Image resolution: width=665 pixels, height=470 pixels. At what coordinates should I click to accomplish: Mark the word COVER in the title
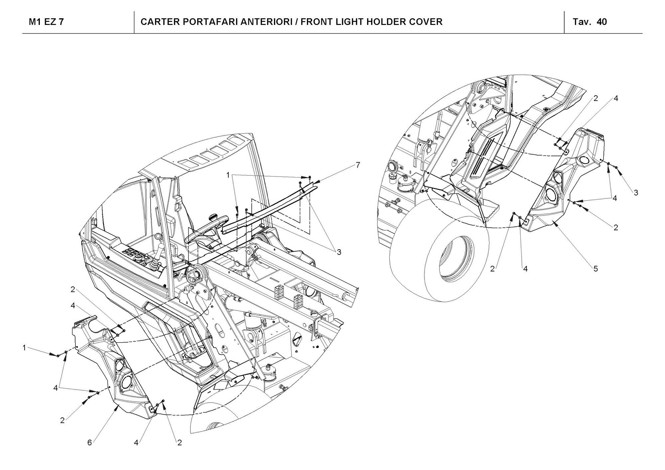tap(427, 22)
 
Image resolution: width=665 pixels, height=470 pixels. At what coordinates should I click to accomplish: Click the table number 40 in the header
tap(602, 22)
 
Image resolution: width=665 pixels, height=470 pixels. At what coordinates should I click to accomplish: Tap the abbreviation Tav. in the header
tap(582, 22)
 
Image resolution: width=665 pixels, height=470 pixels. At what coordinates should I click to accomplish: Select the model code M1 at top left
tap(34, 22)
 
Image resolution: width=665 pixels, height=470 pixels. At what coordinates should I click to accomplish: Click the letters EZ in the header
tap(49, 22)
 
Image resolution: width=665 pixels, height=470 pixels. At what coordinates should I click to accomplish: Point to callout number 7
tap(358, 165)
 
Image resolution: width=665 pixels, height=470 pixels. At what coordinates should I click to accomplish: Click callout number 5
tap(596, 268)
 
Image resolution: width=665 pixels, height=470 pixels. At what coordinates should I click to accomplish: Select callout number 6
tap(89, 443)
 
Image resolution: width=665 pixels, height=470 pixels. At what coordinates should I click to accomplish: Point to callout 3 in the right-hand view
tap(636, 192)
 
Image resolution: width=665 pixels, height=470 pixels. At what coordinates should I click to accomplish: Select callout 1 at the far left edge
tap(24, 348)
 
